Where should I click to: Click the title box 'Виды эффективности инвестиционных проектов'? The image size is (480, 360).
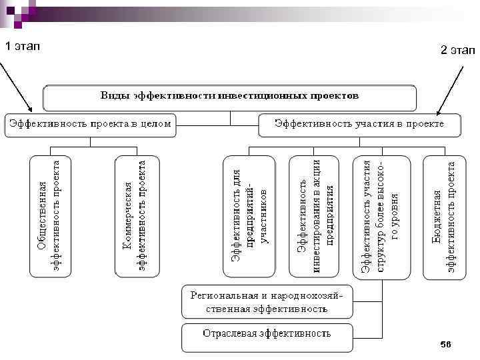pos(230,97)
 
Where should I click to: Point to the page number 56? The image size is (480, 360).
pos(446,344)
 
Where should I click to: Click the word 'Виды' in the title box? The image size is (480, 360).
pos(114,95)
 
